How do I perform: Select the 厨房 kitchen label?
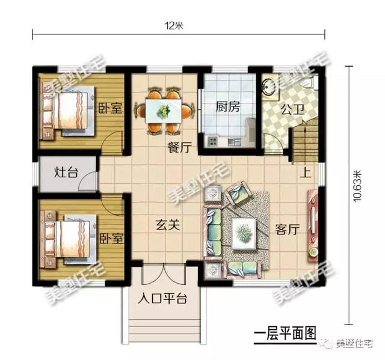pos(228,108)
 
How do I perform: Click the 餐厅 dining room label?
pos(179,145)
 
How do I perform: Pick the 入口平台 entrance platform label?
pos(164,299)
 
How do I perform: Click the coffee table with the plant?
pos(244,231)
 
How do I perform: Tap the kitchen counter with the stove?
pos(223,141)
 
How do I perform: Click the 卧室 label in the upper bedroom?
pos(110,109)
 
